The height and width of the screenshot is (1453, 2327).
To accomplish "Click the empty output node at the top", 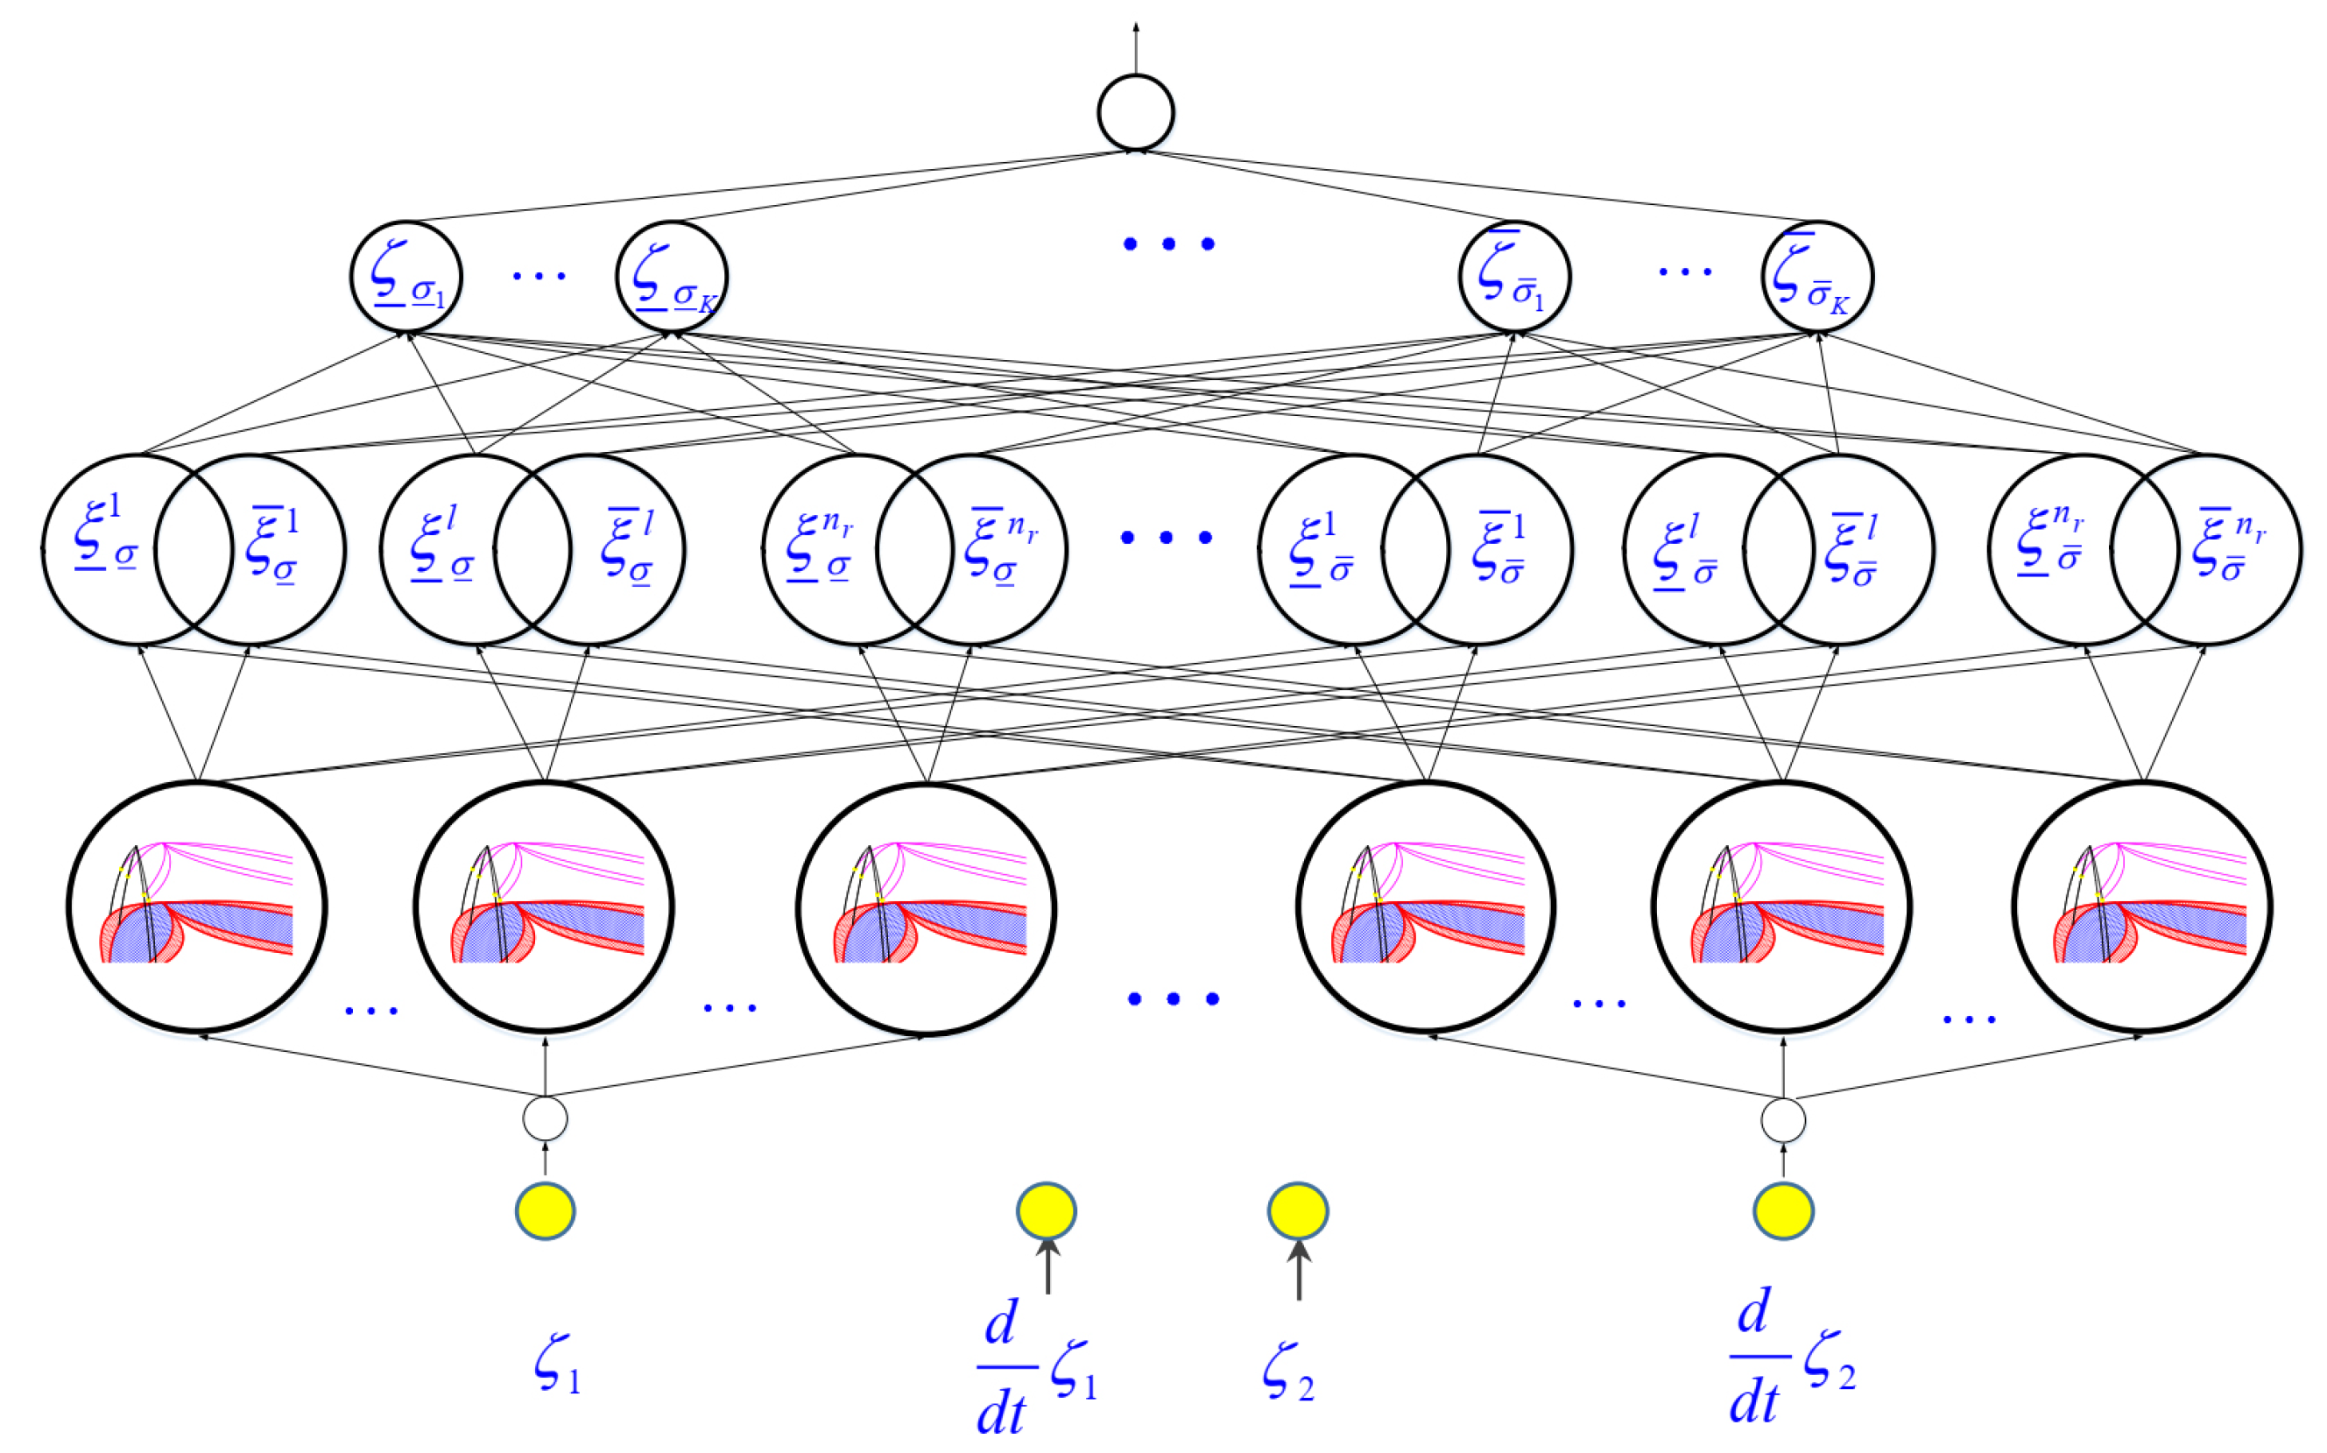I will [1136, 112].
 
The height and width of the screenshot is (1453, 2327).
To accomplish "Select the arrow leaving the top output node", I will [1136, 48].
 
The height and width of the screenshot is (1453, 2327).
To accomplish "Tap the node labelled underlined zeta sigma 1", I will [405, 277].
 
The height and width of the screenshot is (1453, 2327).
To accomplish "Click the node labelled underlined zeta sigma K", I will [672, 277].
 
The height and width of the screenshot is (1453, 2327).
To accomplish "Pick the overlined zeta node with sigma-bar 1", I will [1514, 277].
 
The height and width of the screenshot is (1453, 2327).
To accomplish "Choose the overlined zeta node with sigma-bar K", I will [1816, 277].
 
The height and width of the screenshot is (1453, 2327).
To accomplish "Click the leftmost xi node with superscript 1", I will [106, 549].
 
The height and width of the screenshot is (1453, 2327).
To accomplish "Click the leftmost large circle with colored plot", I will [197, 906].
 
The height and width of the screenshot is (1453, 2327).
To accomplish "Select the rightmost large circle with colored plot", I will [2141, 906].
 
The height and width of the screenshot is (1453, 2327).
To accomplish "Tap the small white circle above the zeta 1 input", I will [545, 1118].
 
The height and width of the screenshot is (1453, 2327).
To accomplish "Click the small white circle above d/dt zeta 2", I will [1783, 1120].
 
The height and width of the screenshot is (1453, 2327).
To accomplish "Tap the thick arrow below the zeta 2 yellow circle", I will [1299, 1271].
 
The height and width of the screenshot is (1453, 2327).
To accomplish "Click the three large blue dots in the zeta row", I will [1168, 244].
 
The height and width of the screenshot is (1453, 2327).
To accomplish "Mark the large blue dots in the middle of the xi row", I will [1167, 537].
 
